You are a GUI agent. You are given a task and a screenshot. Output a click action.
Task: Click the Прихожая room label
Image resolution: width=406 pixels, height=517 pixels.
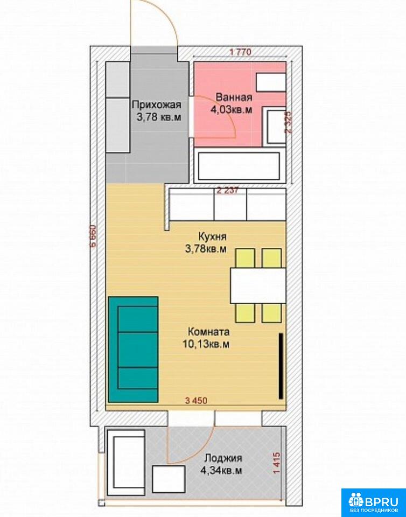157,105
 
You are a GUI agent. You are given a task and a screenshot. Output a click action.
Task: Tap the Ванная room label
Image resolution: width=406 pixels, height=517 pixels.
234,97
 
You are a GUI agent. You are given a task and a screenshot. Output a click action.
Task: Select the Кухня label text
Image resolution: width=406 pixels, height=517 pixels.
212,237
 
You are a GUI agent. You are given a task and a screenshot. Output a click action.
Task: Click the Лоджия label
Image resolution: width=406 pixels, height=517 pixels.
223,458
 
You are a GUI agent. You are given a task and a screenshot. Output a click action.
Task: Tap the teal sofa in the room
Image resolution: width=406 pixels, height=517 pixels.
133,350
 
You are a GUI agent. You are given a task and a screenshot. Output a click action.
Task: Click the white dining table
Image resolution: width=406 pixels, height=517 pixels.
258,285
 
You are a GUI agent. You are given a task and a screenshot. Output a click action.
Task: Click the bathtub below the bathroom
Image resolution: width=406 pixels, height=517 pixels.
239,166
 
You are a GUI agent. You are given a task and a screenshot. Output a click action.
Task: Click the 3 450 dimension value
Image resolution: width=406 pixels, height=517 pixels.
197,401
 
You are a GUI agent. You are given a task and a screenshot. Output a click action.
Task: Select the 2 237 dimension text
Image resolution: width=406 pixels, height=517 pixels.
227,191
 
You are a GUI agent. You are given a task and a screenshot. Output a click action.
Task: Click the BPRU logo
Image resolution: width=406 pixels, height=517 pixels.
373,502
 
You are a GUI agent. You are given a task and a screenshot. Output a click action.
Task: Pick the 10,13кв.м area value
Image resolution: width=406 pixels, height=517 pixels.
206,344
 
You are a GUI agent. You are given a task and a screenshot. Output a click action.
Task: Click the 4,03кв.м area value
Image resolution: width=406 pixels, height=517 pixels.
232,110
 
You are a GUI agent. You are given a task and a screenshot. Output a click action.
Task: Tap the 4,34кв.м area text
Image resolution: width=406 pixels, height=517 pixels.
220,471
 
